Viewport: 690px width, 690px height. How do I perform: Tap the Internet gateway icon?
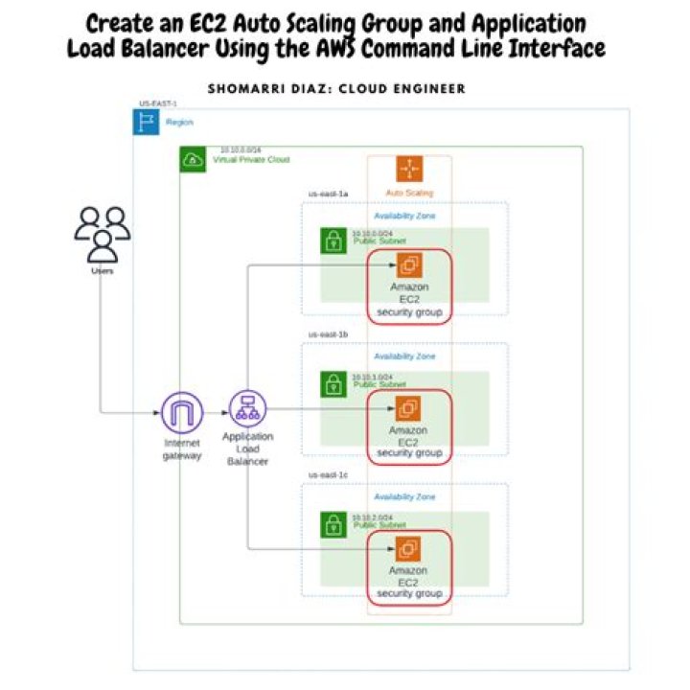[x=182, y=412]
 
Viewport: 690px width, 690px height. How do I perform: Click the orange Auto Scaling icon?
[x=410, y=170]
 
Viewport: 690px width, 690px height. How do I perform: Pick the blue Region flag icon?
[x=147, y=122]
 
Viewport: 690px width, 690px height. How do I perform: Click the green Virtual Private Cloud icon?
[x=193, y=159]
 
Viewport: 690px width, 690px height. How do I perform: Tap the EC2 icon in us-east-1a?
[x=409, y=264]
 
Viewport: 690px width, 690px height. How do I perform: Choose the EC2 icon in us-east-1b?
[x=409, y=408]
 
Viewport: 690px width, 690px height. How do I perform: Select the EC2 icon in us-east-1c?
[x=409, y=549]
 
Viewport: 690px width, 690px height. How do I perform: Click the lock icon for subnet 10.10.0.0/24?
[x=333, y=241]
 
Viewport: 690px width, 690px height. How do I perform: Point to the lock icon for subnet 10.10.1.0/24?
[x=333, y=384]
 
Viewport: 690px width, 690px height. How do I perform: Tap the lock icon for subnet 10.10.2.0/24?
[x=333, y=525]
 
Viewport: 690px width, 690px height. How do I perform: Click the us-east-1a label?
[x=328, y=194]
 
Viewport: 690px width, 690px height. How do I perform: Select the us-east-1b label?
[x=328, y=334]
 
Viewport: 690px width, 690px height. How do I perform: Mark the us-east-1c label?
[x=328, y=475]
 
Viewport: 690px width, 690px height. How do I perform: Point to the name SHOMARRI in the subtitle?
[x=242, y=89]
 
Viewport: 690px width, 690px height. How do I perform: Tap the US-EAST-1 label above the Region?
[x=158, y=103]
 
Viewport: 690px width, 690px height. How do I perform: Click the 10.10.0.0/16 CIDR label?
[x=241, y=149]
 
